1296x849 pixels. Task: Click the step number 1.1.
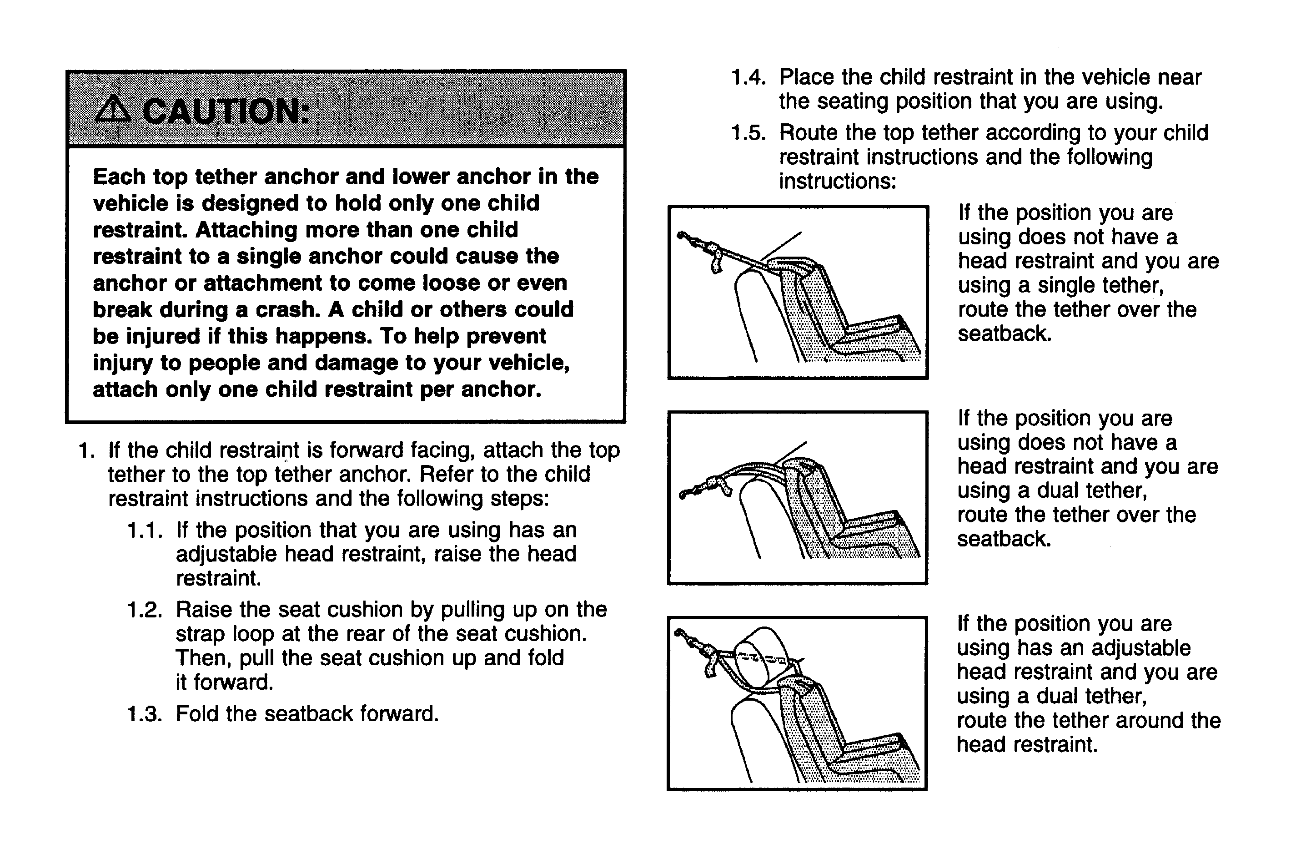(x=145, y=530)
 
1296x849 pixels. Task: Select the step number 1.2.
(x=145, y=609)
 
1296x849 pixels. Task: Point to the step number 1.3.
(x=145, y=714)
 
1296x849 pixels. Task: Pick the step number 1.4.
(x=748, y=77)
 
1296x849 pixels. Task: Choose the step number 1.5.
(x=748, y=133)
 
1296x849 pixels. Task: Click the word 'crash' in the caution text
(x=287, y=309)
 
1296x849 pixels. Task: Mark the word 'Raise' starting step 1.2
(x=204, y=609)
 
